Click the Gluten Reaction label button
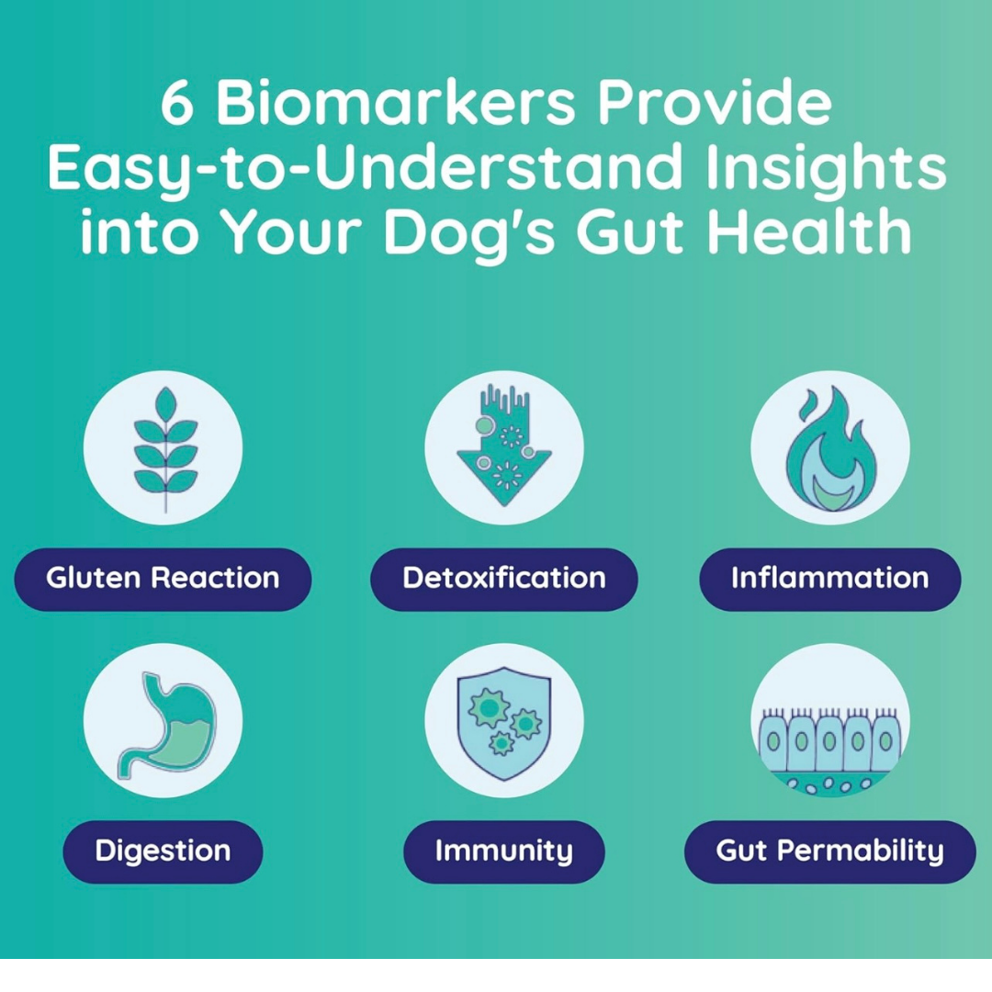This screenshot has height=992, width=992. pyautogui.click(x=163, y=579)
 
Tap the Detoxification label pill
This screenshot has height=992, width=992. pyautogui.click(x=503, y=579)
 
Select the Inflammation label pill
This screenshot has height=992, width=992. pyautogui.click(x=829, y=579)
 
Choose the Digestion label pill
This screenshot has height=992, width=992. pyautogui.click(x=163, y=851)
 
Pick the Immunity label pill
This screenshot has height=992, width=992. pyautogui.click(x=503, y=851)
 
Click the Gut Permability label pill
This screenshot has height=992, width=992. pyautogui.click(x=829, y=851)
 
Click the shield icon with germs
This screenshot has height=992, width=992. pyautogui.click(x=503, y=723)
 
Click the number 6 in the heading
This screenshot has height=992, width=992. pyautogui.click(x=176, y=103)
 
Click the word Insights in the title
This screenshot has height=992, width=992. pyautogui.click(x=826, y=170)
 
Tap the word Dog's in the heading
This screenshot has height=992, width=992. pyautogui.click(x=469, y=233)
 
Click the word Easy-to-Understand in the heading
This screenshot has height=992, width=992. pyautogui.click(x=365, y=170)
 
